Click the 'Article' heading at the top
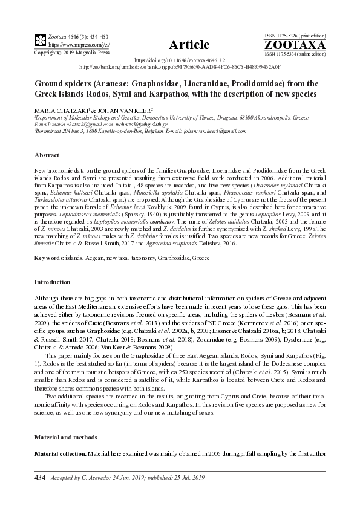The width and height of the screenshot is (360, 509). point(189,44)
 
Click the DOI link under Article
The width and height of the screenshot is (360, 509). point(179,61)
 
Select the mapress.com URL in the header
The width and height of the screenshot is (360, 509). point(70,45)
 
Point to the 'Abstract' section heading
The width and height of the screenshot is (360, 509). point(47,155)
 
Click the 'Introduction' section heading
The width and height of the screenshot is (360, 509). point(52,282)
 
